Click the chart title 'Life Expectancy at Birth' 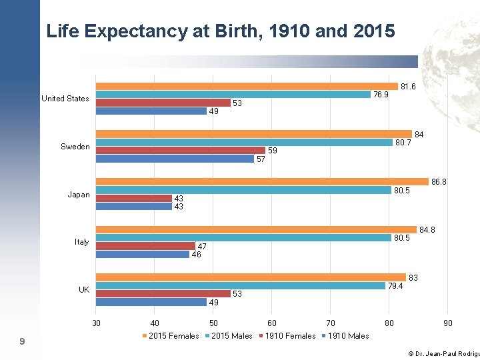click(221, 31)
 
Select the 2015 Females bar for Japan click(262, 181)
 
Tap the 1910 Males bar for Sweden click(175, 159)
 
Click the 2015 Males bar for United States click(233, 95)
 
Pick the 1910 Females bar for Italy click(145, 246)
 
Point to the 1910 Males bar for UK click(151, 302)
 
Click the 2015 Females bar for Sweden click(254, 134)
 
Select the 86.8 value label click(439, 181)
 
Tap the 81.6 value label click(408, 87)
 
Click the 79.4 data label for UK click(397, 287)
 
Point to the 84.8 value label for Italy click(427, 230)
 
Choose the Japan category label click(79, 195)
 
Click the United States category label click(65, 99)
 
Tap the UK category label click(84, 290)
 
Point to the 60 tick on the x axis click(272, 323)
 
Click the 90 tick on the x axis click(448, 323)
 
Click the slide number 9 click(23, 342)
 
